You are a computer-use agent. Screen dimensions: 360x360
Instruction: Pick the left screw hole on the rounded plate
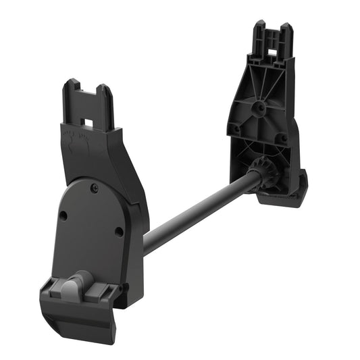(63, 216)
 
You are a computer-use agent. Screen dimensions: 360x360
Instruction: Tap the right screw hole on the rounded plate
(119, 231)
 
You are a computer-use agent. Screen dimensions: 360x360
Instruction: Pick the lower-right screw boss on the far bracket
(284, 138)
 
